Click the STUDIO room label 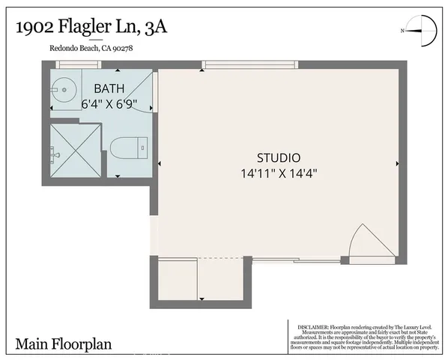[x=278, y=158]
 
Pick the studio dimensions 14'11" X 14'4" [x=278, y=172]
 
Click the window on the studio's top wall [x=250, y=65]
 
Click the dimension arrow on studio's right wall [x=396, y=163]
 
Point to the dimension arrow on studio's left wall [x=160, y=163]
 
